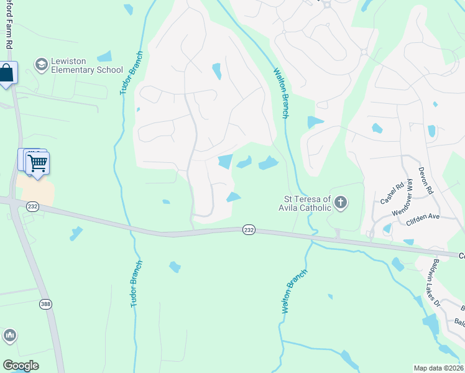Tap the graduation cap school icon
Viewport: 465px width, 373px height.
click(42, 65)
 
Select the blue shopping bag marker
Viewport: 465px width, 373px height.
click(7, 73)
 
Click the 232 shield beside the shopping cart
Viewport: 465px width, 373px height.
click(33, 206)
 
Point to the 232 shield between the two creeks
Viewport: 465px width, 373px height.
click(249, 229)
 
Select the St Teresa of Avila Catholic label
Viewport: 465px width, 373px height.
click(304, 203)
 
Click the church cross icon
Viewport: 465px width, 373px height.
click(340, 202)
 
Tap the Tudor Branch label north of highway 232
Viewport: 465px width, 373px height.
click(131, 73)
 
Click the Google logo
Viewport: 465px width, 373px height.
click(21, 366)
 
